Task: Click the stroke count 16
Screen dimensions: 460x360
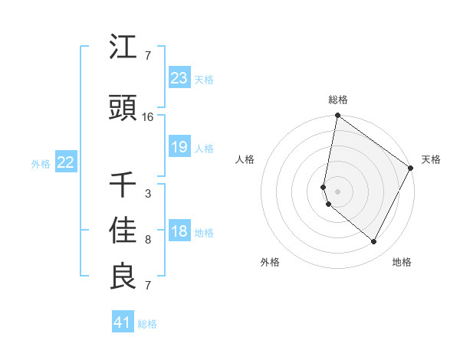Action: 148,117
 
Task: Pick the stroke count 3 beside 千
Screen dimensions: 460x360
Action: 148,194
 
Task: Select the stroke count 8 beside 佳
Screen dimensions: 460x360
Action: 148,240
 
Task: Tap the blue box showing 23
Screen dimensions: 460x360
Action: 179,78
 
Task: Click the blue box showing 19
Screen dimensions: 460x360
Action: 179,147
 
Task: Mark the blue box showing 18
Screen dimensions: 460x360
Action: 179,231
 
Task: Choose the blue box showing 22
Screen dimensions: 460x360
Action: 65,162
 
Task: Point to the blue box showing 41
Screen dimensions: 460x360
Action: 122,322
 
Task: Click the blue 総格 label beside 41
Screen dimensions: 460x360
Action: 147,324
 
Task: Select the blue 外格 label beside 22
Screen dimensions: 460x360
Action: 41,163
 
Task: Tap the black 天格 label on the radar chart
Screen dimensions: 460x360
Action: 431,159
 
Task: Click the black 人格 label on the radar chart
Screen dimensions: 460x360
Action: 245,159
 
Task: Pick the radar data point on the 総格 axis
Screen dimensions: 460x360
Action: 337,116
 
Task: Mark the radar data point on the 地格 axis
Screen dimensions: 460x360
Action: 374,242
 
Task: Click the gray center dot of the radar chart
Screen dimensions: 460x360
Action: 337,191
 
